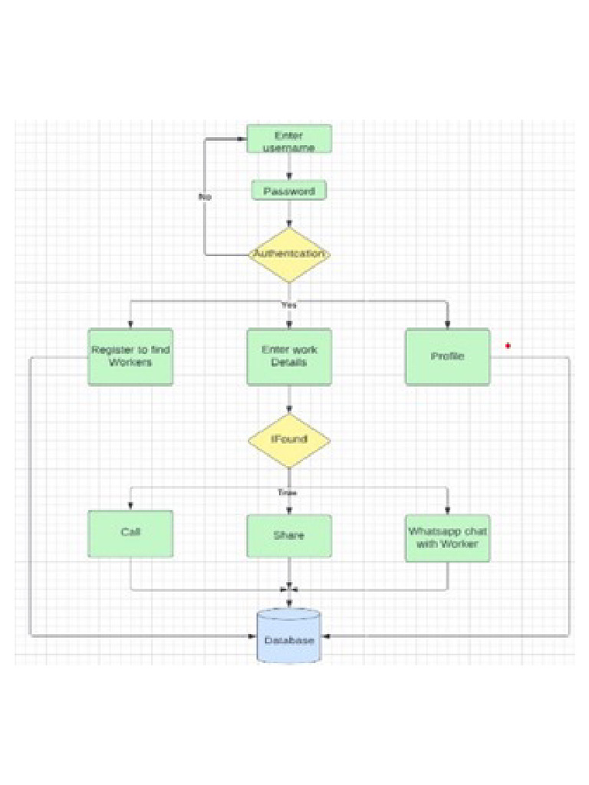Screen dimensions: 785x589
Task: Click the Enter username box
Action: pos(289,139)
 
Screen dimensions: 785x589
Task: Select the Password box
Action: pos(289,190)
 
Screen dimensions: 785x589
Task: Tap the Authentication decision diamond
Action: pos(289,255)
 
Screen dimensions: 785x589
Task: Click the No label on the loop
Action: pos(205,197)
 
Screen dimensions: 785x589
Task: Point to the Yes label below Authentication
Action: pos(288,304)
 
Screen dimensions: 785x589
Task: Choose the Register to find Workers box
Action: pos(130,356)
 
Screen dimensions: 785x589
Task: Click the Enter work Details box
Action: pos(289,356)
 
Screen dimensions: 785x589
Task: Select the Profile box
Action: pos(447,356)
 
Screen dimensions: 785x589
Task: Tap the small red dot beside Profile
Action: pos(508,347)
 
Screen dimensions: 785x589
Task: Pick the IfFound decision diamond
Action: pos(289,440)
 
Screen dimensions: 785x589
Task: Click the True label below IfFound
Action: pos(287,492)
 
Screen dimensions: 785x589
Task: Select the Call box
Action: pos(130,533)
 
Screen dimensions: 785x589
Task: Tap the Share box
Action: pos(289,535)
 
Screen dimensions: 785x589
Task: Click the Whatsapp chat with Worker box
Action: pos(447,537)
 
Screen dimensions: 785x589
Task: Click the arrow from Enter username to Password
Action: pos(289,166)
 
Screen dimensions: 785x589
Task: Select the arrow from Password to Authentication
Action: pos(289,214)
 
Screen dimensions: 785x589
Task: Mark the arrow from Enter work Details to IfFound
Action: pos(289,400)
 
